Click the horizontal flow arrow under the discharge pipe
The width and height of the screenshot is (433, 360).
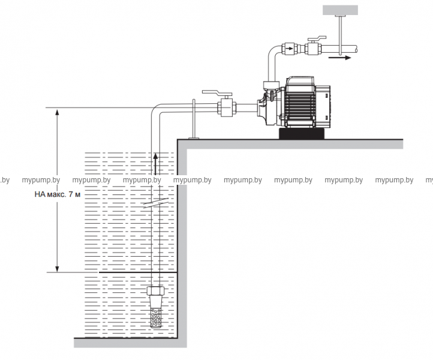tap(339, 59)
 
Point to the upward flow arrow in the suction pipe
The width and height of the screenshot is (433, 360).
tap(155, 163)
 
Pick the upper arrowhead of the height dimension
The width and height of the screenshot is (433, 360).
tap(57, 112)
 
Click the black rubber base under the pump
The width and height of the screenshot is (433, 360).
tap(302, 132)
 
